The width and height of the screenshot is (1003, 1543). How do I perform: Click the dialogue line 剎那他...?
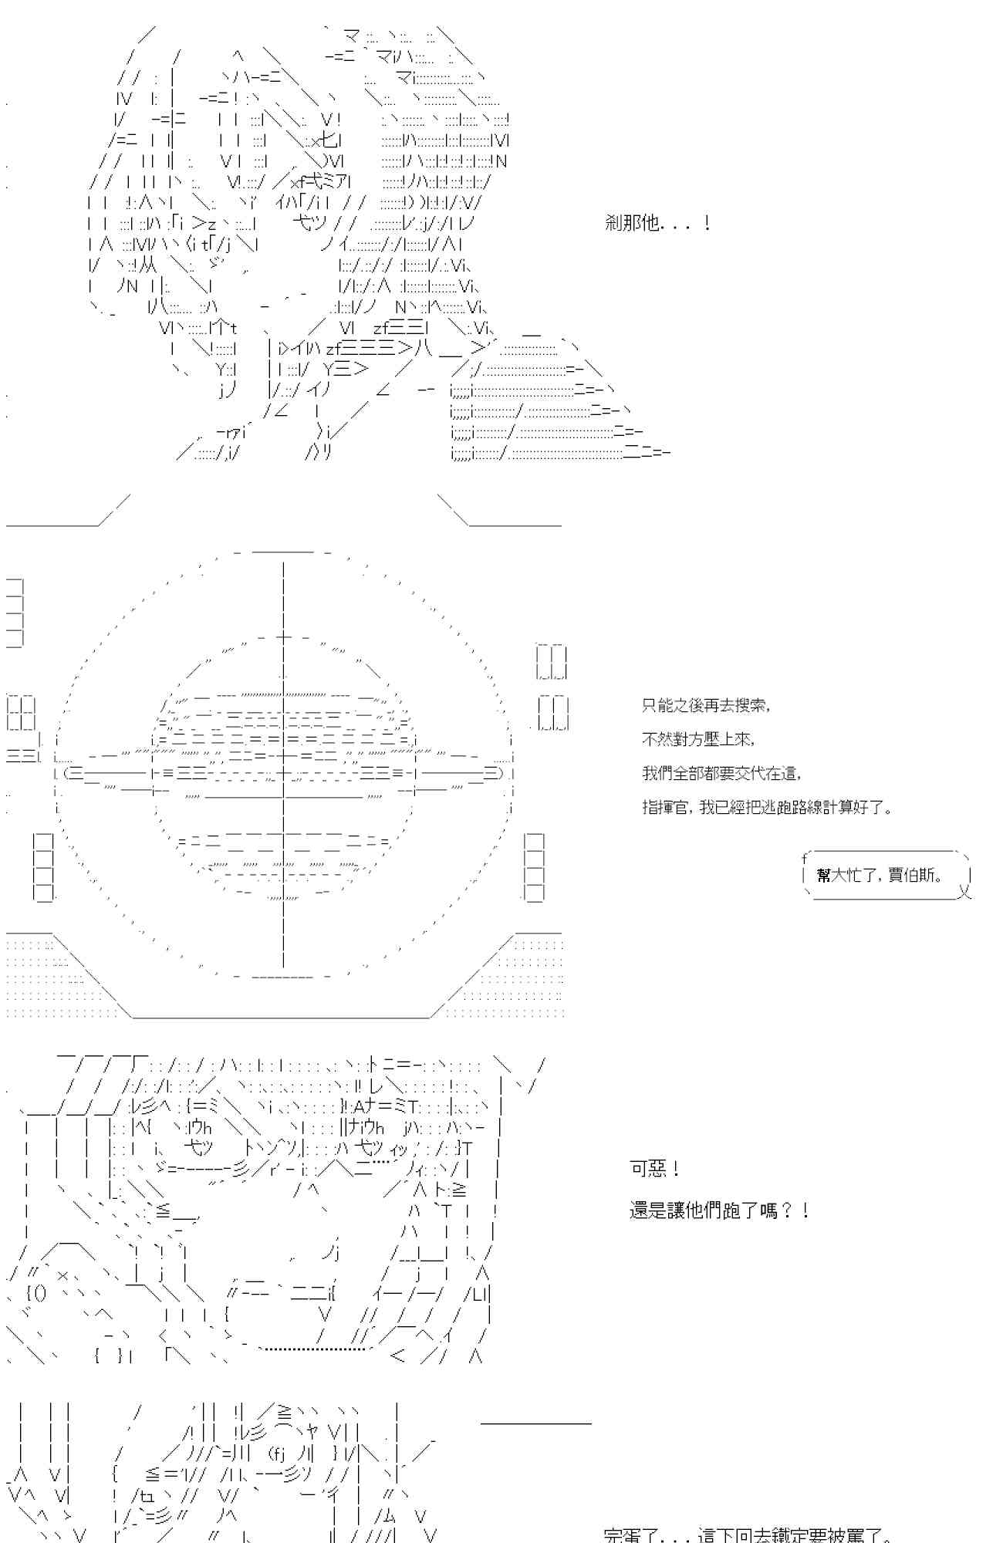(x=657, y=224)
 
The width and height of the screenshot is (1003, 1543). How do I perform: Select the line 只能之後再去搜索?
(x=705, y=705)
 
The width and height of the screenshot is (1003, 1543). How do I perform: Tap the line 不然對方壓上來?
(x=697, y=739)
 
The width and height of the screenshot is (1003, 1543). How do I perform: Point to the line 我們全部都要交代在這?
(x=721, y=773)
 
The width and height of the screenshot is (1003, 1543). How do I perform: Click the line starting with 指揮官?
(x=768, y=807)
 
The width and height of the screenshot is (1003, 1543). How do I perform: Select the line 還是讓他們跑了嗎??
(x=719, y=1210)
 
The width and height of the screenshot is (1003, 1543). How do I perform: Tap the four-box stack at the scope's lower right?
(x=534, y=866)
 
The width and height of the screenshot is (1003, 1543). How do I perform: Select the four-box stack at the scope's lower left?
(x=44, y=866)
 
